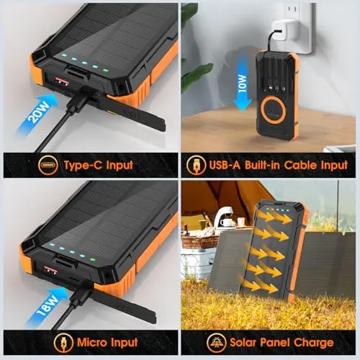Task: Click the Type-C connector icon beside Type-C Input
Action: click(x=49, y=165)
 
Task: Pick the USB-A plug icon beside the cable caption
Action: click(x=196, y=165)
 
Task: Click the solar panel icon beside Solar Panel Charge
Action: click(x=216, y=343)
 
